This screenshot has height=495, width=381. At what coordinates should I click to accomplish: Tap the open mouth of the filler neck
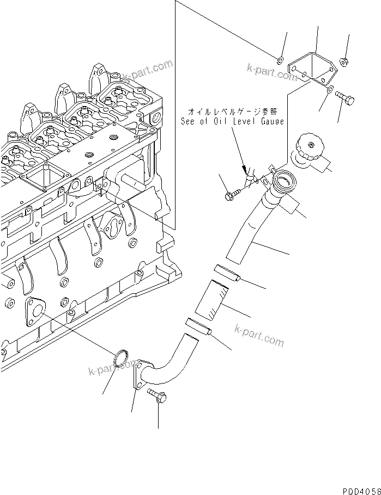click(284, 180)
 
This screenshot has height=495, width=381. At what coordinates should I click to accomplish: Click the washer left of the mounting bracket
click(279, 59)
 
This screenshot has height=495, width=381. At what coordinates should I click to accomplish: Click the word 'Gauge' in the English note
click(271, 122)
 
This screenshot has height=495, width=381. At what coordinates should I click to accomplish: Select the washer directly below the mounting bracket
click(331, 89)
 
